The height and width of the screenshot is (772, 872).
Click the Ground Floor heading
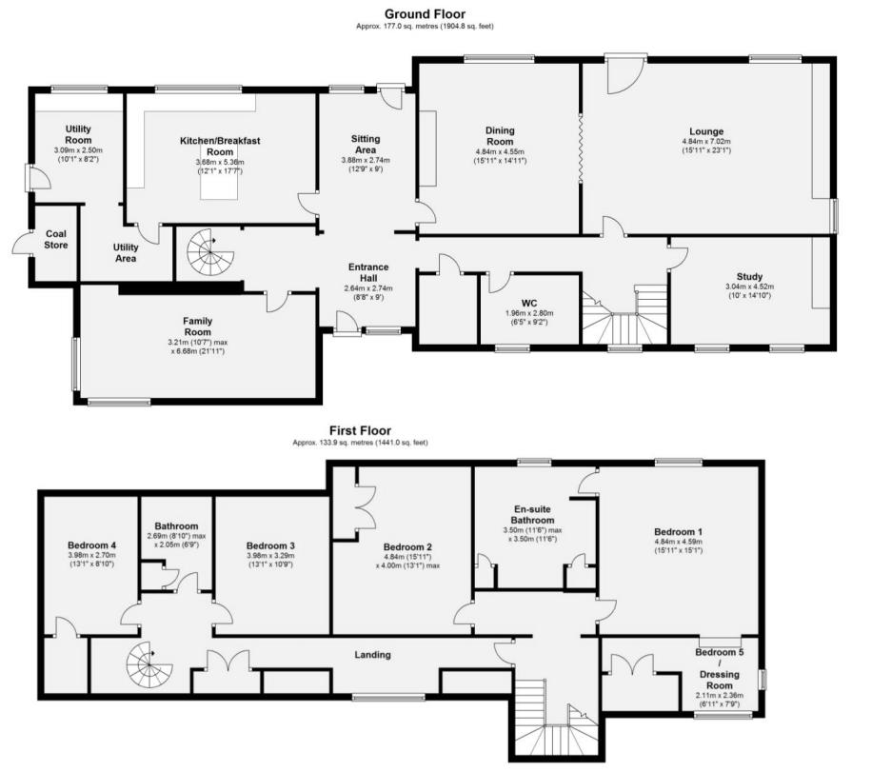click(x=425, y=13)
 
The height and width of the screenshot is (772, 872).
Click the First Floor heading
click(x=360, y=430)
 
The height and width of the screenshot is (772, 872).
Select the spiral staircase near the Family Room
click(x=208, y=252)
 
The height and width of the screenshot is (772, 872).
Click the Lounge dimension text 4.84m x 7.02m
click(x=706, y=142)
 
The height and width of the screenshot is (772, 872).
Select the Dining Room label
click(x=500, y=135)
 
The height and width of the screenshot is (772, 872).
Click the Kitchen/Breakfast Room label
click(x=220, y=147)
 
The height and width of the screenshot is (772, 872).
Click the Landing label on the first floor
click(x=373, y=654)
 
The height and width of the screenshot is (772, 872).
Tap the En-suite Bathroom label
click(x=534, y=515)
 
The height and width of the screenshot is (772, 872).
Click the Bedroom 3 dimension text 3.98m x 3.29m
click(x=270, y=557)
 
